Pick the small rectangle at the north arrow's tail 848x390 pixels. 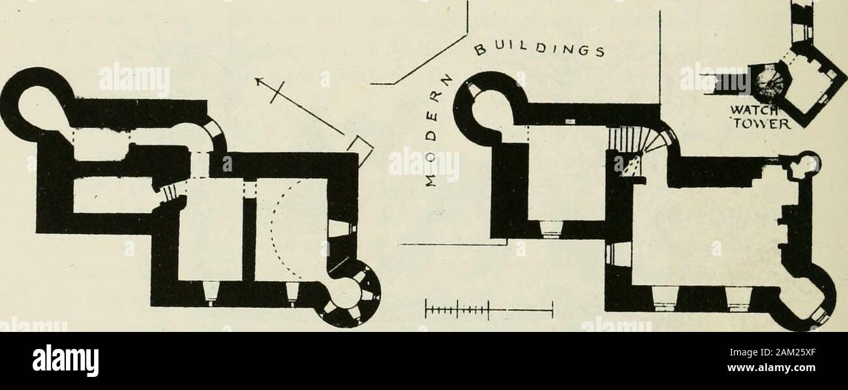click(x=359, y=151)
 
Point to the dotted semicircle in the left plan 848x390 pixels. click(x=281, y=230)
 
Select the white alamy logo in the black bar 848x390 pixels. click(x=65, y=360)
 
